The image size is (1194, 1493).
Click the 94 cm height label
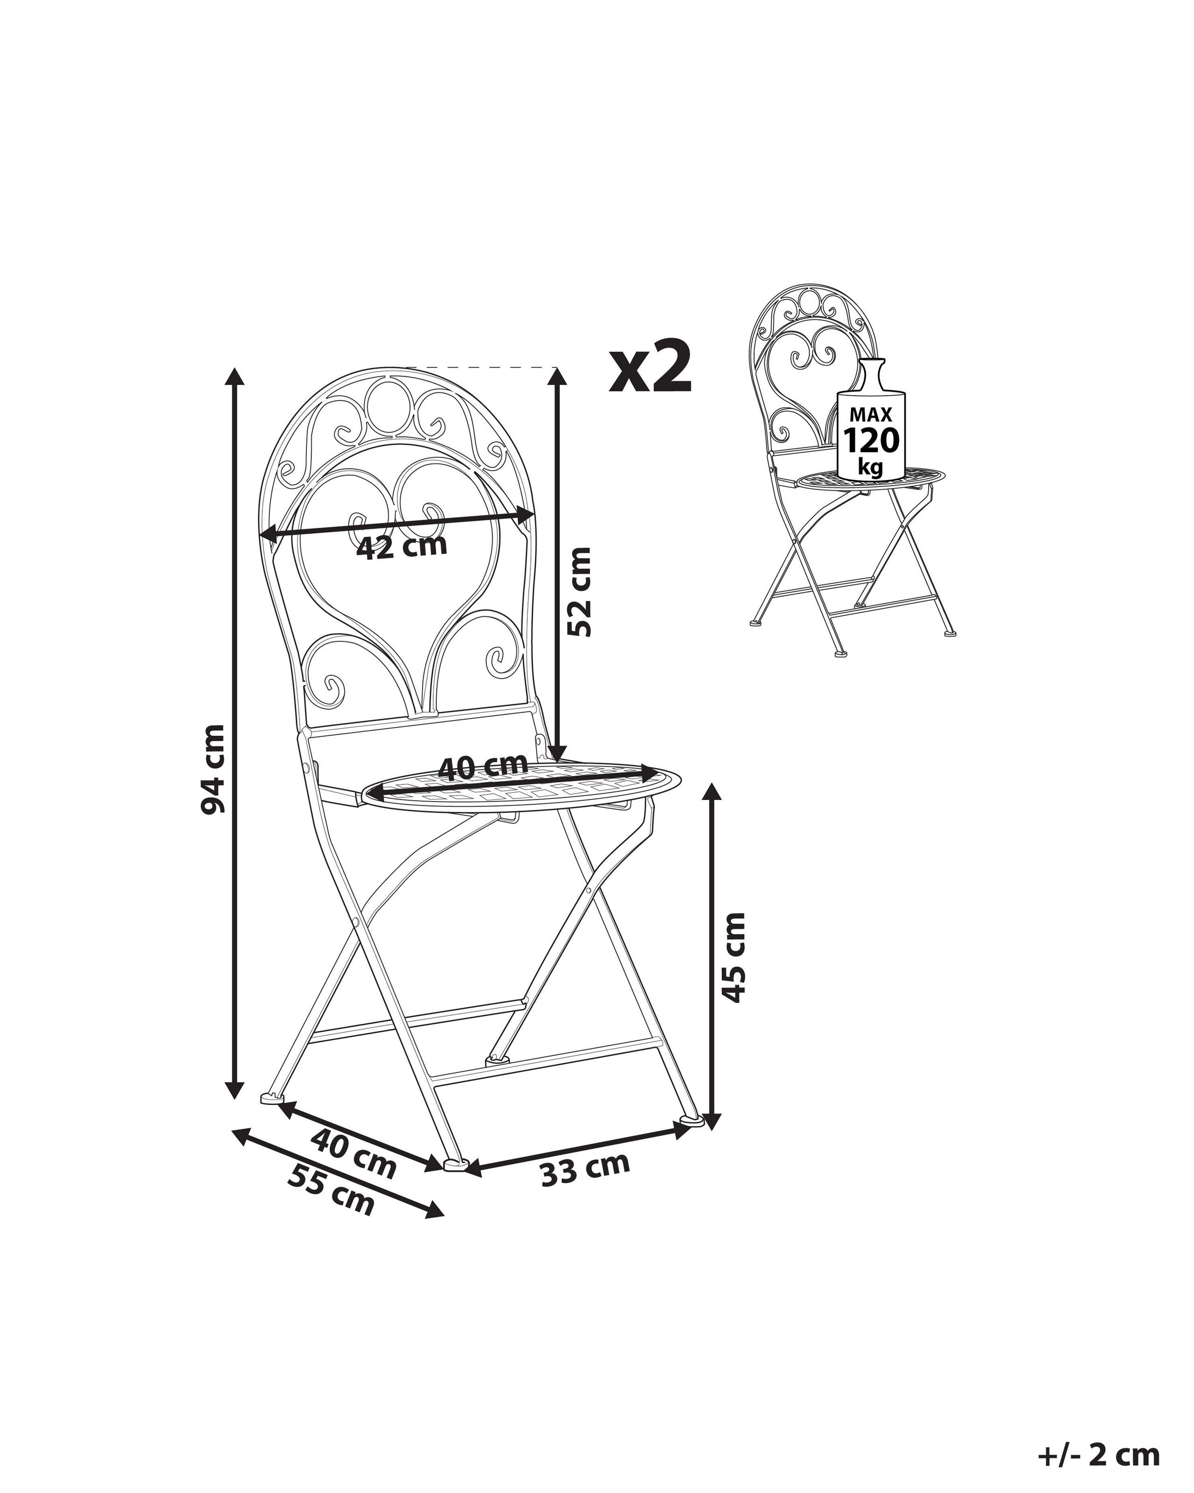pos(213,768)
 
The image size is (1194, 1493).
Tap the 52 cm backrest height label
pos(579,592)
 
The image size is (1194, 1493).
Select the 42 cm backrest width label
pos(402,546)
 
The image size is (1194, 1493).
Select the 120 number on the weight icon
pos(871,440)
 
